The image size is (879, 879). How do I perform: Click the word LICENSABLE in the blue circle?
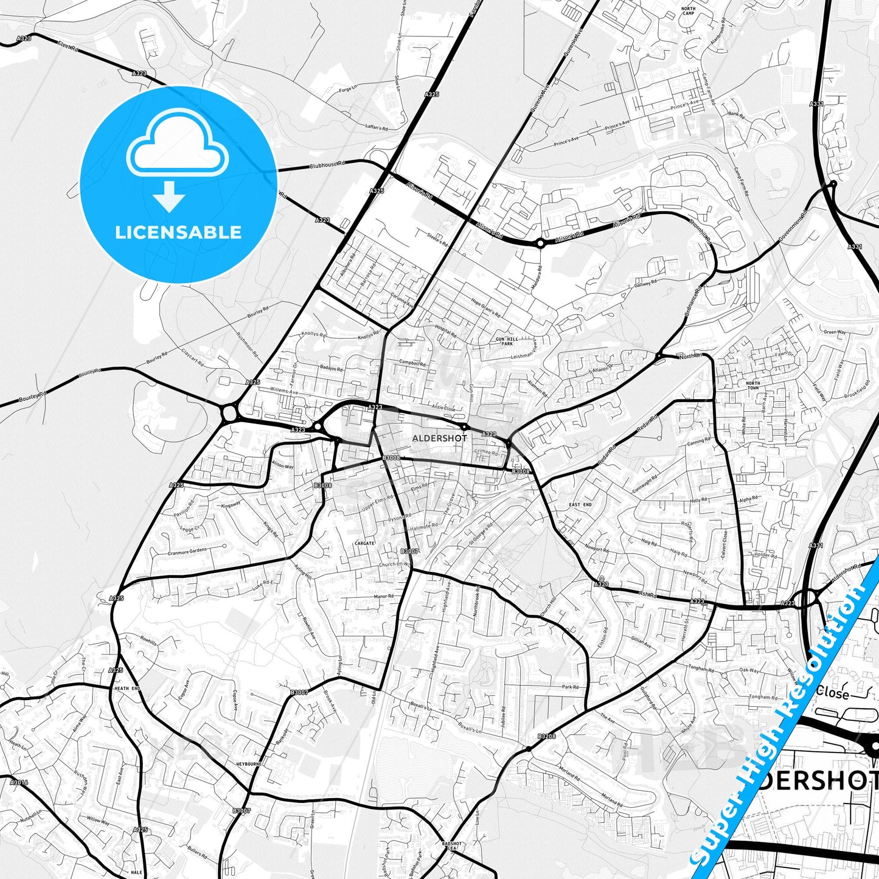coord(178,232)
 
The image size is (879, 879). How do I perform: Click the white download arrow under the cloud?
coord(169,196)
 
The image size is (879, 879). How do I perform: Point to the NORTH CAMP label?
coord(688,11)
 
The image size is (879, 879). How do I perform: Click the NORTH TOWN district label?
coord(752,385)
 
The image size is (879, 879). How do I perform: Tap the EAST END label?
coord(580,505)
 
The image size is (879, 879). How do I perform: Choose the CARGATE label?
coord(365,543)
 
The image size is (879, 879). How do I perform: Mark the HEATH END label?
coord(127,688)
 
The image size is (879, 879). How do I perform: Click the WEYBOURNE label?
coord(248,763)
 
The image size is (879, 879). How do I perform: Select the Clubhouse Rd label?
coord(327,165)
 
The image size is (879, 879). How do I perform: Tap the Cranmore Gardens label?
coord(187,552)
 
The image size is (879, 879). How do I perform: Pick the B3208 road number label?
coord(546,737)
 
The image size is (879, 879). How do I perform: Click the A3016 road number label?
coord(19,782)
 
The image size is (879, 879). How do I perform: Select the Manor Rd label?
coord(384,596)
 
